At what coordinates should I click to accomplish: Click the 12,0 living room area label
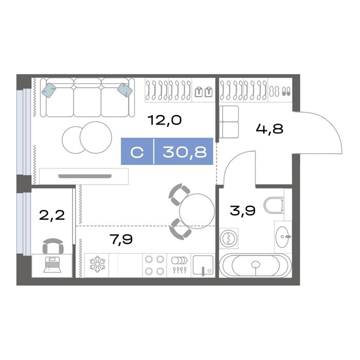165,120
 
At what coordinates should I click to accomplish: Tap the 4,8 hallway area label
269,129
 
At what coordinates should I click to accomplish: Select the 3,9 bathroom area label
242,210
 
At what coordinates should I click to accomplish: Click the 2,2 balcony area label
52,215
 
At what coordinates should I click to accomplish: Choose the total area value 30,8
185,152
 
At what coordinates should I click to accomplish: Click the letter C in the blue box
137,152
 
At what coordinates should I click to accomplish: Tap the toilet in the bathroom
274,205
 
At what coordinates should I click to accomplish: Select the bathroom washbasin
283,237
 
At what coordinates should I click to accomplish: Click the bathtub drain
256,265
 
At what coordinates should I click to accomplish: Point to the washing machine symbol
229,238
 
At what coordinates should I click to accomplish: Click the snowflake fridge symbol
97,265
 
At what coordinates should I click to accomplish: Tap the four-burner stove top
154,265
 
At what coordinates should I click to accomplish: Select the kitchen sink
203,265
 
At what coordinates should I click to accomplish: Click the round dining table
197,211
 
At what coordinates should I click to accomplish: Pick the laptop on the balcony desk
52,265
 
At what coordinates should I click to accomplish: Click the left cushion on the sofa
49,90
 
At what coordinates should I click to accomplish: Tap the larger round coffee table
96,137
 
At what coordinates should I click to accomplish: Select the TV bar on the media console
85,176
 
